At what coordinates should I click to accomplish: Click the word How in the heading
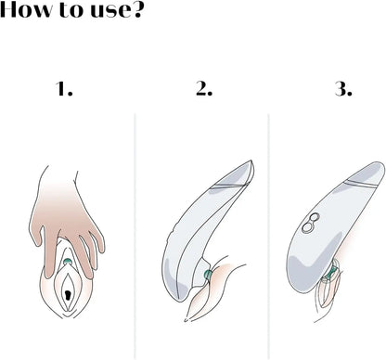(25, 9)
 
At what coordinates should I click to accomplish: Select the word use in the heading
(108, 11)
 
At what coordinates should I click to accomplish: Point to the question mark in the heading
(135, 9)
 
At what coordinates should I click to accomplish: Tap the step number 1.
(64, 88)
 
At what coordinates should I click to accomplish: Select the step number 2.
(204, 88)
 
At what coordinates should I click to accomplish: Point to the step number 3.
(343, 88)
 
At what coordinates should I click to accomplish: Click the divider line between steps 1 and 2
(135, 237)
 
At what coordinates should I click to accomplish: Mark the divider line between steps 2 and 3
(268, 237)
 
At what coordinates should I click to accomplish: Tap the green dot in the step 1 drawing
(68, 263)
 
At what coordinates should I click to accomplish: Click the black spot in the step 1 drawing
(68, 295)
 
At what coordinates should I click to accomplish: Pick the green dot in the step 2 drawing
(208, 274)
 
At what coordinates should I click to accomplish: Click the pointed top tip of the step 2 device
(251, 161)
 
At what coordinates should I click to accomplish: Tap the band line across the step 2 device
(229, 186)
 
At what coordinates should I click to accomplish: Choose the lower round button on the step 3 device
(308, 227)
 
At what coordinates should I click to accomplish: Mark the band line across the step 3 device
(362, 183)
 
